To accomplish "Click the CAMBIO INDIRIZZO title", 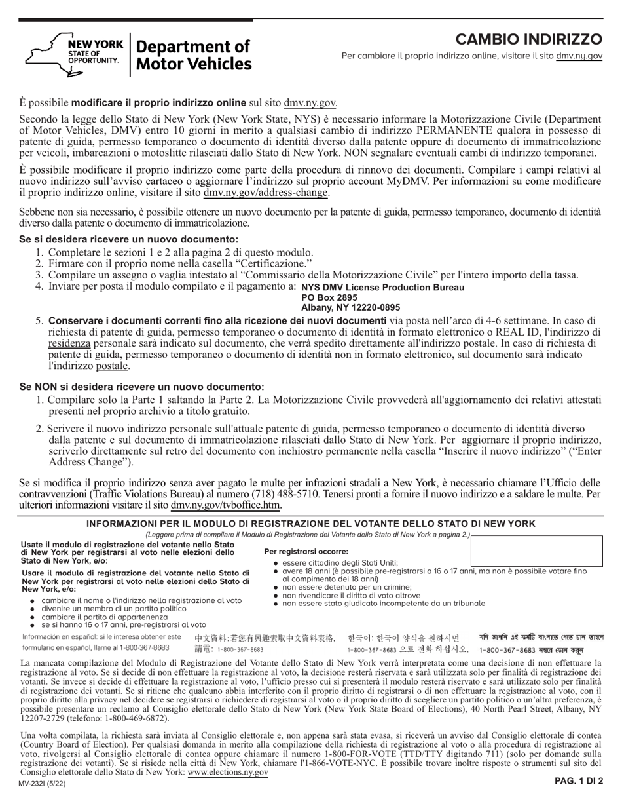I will [x=528, y=39].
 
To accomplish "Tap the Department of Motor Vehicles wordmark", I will [x=193, y=55].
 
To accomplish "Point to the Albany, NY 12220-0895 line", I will [x=350, y=307].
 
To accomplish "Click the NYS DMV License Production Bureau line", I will [x=382, y=288].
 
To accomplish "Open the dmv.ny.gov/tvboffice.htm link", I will [x=225, y=505].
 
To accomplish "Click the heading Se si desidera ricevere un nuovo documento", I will [x=129, y=240].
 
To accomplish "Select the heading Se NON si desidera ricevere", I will [x=142, y=387].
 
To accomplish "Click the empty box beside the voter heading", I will [x=536, y=550].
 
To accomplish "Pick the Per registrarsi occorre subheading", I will [x=306, y=552].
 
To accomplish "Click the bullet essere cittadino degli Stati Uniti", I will [x=340, y=562].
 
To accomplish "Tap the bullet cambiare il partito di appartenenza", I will [x=105, y=617].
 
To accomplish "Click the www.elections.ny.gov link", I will [x=227, y=773].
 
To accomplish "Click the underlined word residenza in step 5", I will [x=69, y=343].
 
